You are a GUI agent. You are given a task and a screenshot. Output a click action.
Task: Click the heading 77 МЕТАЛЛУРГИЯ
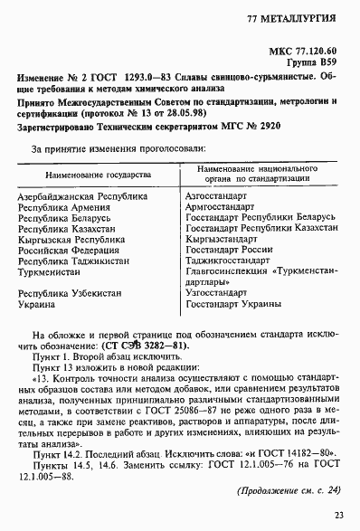tap(291, 18)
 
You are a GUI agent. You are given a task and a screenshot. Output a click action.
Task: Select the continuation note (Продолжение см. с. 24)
tap(286, 489)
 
